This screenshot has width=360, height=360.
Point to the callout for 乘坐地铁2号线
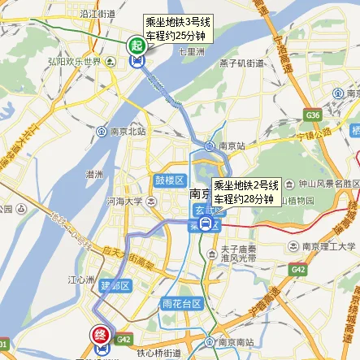[x=246, y=192]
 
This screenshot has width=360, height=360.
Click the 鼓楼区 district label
[x=166, y=180]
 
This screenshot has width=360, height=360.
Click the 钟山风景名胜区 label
[x=325, y=184]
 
